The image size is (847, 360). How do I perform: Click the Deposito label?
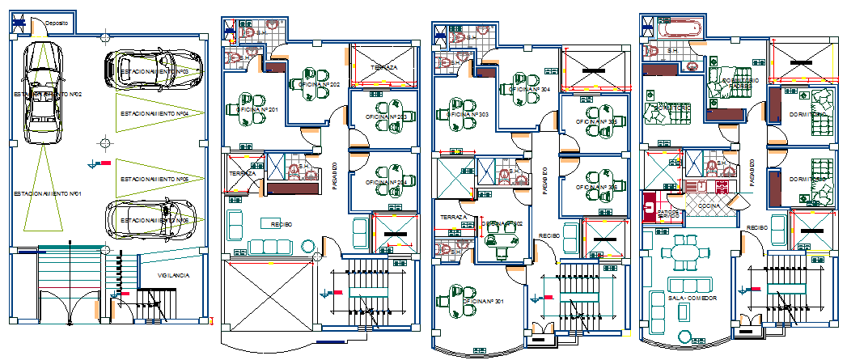57,23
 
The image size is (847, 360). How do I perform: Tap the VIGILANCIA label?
174,276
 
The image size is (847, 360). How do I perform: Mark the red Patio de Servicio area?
650,206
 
